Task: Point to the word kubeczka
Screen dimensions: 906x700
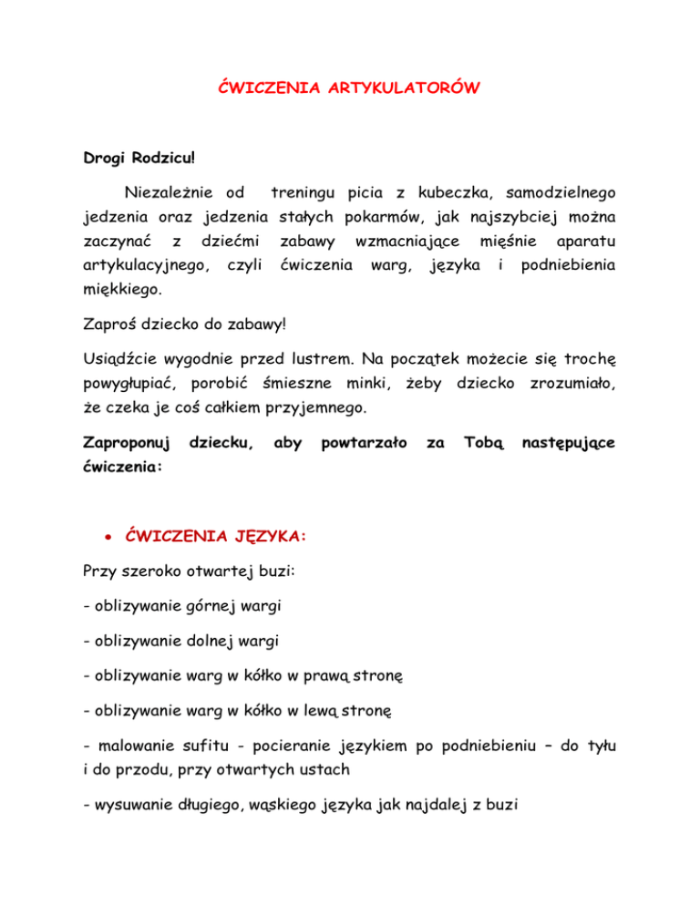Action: click(448, 193)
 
